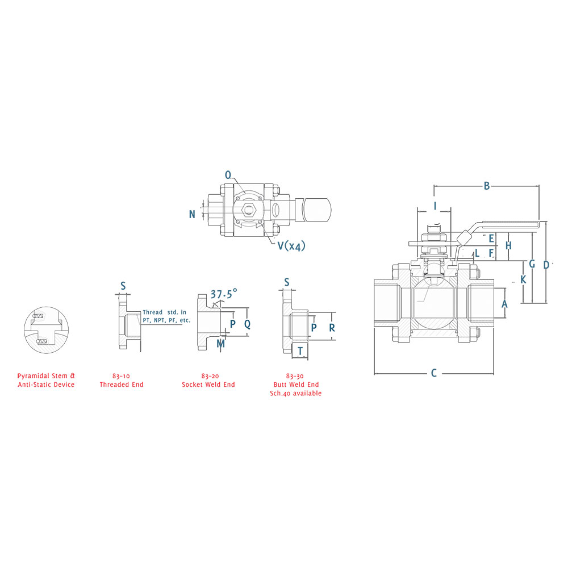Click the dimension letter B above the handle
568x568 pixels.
click(486, 186)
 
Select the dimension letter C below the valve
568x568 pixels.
click(434, 373)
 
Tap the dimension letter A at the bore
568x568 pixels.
click(504, 304)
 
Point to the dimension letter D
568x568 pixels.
click(546, 264)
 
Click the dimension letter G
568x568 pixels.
click(532, 264)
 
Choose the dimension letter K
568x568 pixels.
click(523, 279)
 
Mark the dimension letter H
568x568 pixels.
click(509, 245)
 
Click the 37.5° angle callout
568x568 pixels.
click(224, 294)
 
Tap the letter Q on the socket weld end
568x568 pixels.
click(248, 324)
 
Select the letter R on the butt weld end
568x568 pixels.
click(332, 328)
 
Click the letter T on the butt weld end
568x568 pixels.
click(300, 351)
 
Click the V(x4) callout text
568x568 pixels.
click(291, 246)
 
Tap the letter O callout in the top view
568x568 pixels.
click(228, 176)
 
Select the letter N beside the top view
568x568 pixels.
click(193, 214)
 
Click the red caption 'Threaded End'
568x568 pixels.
click(122, 385)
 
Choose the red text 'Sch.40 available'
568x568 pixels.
click(295, 393)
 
